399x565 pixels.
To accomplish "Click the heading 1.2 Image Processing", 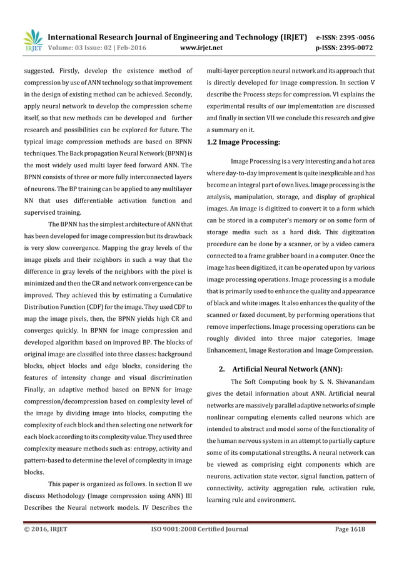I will [243, 142].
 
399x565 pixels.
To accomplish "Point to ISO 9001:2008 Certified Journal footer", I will [199, 529].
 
